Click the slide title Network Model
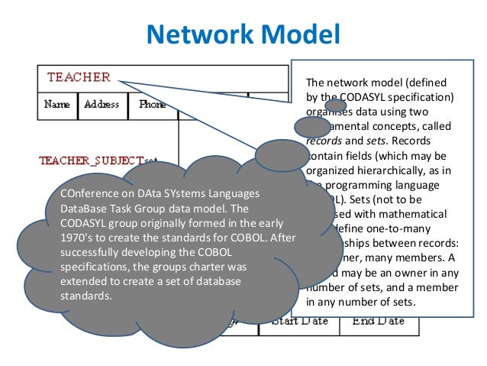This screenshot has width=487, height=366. tap(242, 34)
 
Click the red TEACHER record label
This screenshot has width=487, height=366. tap(79, 77)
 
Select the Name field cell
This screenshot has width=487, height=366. tap(57, 105)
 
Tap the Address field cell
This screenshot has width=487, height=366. tap(102, 105)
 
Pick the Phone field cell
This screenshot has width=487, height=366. tap(153, 105)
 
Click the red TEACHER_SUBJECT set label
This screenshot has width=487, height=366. tap(91, 160)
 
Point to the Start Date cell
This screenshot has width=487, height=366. tap(299, 321)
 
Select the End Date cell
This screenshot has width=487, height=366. tap(377, 321)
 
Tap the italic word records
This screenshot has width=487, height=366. tap(321, 140)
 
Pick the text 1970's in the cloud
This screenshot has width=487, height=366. tap(75, 237)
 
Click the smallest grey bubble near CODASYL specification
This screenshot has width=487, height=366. tap(336, 106)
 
